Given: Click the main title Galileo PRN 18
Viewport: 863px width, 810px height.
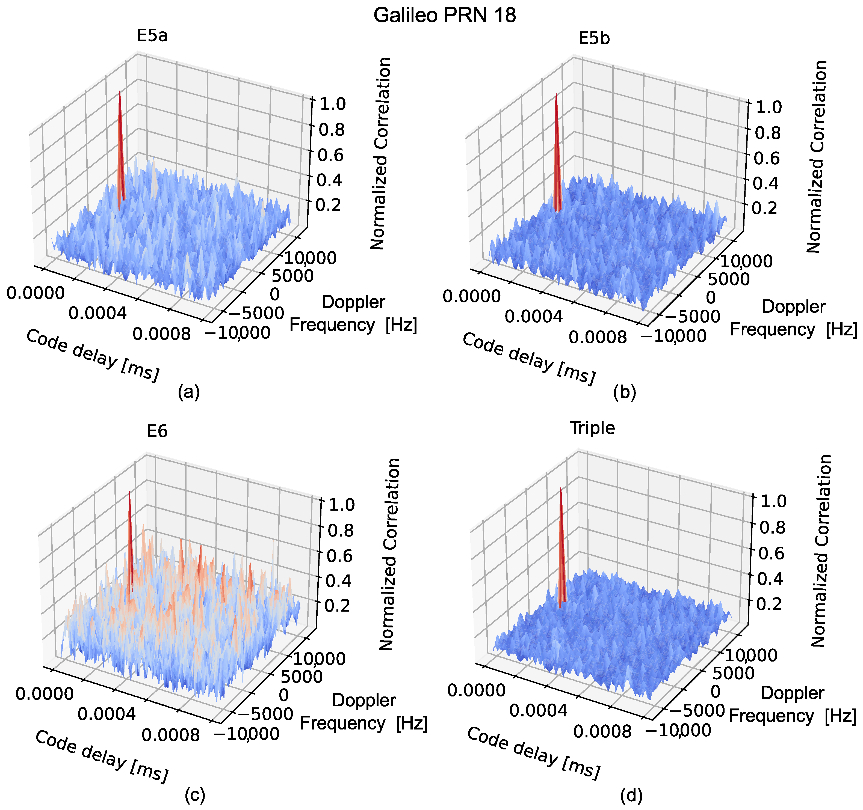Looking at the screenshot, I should click(x=445, y=16).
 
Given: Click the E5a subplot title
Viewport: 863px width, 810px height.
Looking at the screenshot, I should click(x=152, y=35).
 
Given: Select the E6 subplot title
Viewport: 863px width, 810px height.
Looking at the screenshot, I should click(x=157, y=431).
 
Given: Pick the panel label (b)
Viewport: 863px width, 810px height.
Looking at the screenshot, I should click(x=625, y=392).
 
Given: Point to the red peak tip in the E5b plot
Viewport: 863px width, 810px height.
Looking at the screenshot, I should click(x=556, y=95).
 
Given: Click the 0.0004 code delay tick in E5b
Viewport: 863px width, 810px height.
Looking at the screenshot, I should click(x=534, y=317).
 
